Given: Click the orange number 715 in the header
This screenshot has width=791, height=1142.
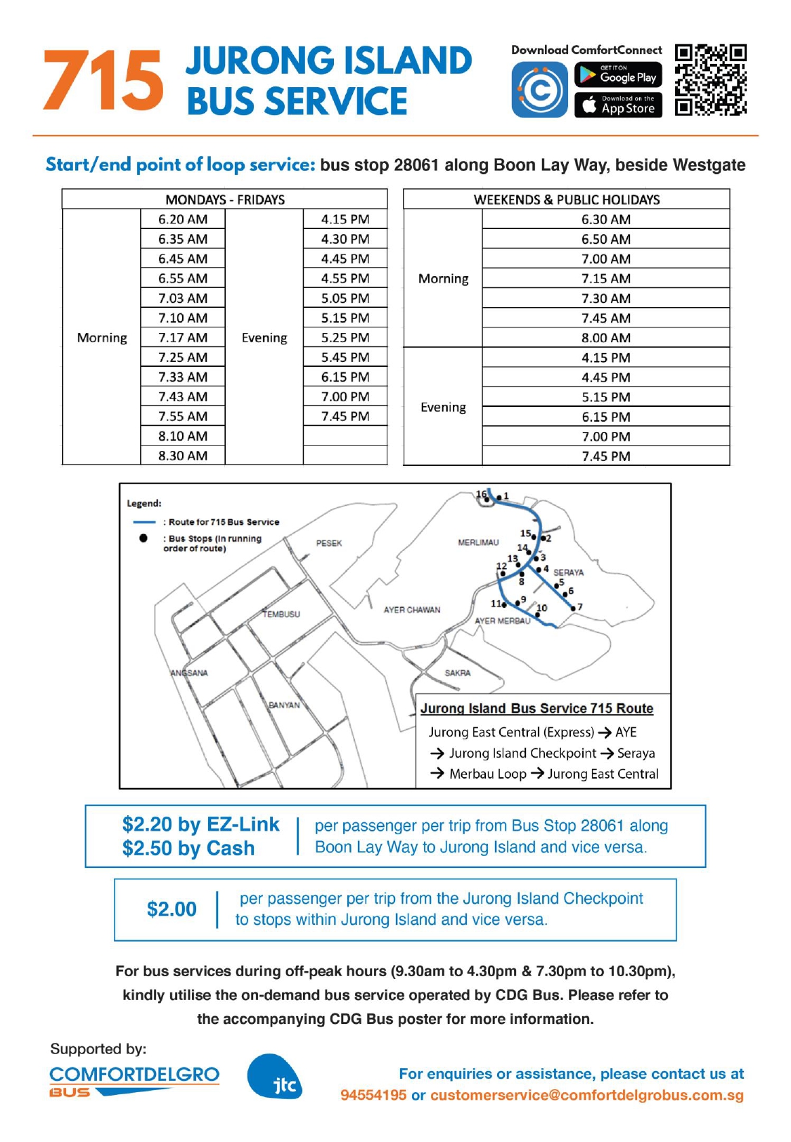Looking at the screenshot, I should (x=103, y=81).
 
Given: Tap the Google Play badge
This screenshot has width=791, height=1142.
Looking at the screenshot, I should (x=618, y=75).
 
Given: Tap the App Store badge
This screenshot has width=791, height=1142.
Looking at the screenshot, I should (x=618, y=105).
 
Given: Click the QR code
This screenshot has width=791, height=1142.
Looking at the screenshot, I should (x=710, y=79).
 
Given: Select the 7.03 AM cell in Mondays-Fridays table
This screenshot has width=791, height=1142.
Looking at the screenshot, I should (x=183, y=298).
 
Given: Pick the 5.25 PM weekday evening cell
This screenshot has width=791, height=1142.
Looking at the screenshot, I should (x=345, y=337).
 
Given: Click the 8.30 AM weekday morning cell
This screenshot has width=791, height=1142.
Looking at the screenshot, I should (x=183, y=455).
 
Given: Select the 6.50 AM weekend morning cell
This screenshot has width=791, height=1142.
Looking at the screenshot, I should (x=605, y=239).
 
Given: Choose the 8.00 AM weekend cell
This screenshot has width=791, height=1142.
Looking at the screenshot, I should (x=605, y=337).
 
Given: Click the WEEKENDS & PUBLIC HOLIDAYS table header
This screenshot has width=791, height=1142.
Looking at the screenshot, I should (x=567, y=200).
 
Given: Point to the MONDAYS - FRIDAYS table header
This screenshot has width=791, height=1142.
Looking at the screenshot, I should (x=225, y=200).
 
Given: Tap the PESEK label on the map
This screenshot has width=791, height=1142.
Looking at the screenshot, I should (x=329, y=543).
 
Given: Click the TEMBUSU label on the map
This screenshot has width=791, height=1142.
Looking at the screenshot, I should (x=281, y=614).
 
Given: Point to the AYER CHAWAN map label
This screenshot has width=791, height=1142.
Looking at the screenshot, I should (x=412, y=610).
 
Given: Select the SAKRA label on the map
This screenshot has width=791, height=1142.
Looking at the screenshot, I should (x=458, y=673).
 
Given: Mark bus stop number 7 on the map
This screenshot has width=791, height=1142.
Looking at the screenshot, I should (x=573, y=608).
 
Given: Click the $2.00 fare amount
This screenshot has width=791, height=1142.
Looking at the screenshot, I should (x=172, y=909).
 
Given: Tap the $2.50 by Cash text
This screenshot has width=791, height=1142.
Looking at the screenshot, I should (x=188, y=848).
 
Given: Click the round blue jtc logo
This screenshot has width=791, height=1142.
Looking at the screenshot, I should (x=275, y=1077).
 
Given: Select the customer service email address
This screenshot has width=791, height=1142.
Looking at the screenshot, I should (x=587, y=1095).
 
